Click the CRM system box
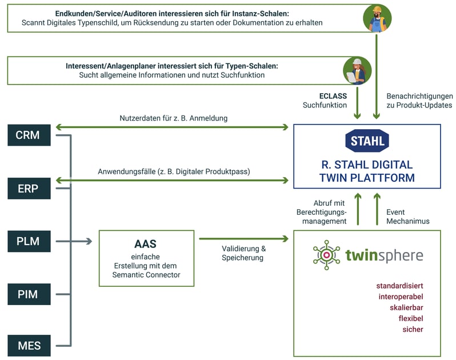pyautogui.click(x=27, y=135)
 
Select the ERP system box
pyautogui.click(x=27, y=188)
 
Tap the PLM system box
pyautogui.click(x=27, y=241)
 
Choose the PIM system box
pyautogui.click(x=27, y=294)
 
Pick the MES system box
pyautogui.click(x=27, y=346)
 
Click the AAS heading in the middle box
pyautogui.click(x=146, y=244)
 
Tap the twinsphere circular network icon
pyautogui.click(x=326, y=255)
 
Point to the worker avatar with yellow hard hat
pyautogui.click(x=377, y=19)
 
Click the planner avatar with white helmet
pyautogui.click(x=357, y=70)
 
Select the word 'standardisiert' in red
pyautogui.click(x=399, y=286)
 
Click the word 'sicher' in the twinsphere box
pyautogui.click(x=413, y=329)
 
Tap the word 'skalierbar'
pyautogui.click(x=403, y=307)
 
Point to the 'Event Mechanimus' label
pyautogui.click(x=407, y=216)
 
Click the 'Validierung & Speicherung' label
pyautogui.click(x=244, y=253)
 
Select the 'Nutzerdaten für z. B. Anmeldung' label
pyautogui.click(x=174, y=118)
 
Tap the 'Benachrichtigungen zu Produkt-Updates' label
pyautogui.click(x=419, y=101)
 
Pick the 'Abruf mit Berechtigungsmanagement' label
pyautogui.click(x=322, y=212)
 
